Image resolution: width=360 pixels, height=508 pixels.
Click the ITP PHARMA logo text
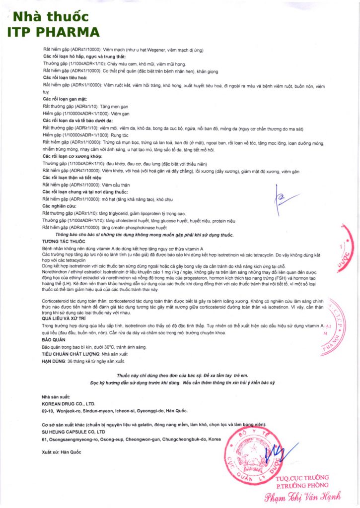pos(53,25)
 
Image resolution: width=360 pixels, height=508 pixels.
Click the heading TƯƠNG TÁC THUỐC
pos(61,241)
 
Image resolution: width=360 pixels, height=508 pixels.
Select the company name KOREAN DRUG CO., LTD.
pos(68,404)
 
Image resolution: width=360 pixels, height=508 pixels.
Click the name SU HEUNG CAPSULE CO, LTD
pos(73,432)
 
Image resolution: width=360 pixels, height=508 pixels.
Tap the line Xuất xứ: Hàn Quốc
pos(62,452)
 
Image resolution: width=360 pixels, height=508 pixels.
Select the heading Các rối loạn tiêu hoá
pos(66,78)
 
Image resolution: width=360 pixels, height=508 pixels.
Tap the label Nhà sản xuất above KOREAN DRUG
pos(56,397)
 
